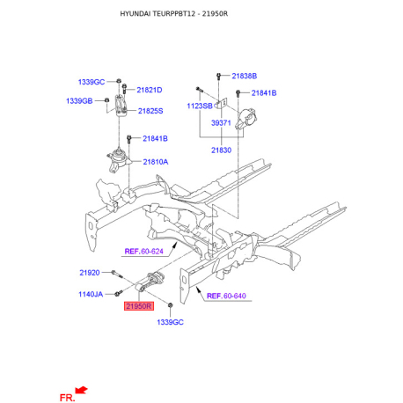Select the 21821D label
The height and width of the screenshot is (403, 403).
point(150,90)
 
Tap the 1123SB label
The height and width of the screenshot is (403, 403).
point(199,106)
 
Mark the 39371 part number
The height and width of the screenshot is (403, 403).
point(221,124)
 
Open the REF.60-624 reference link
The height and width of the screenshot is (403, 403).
point(145,251)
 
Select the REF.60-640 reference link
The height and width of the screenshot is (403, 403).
point(227,297)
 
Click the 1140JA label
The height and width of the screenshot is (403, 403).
point(91,294)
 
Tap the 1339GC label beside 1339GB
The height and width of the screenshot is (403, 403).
point(91,82)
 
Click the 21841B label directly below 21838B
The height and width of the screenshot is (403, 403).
point(263,92)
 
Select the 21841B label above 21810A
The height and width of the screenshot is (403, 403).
point(153,139)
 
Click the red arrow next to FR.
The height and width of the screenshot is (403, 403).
point(82,389)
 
